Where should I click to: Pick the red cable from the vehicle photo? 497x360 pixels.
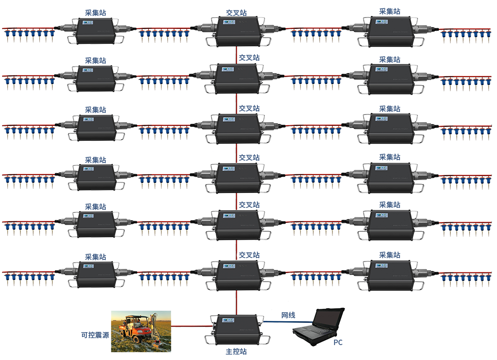click(x=191, y=326)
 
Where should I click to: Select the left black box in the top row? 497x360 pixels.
click(x=96, y=31)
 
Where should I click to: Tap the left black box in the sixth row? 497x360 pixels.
click(x=96, y=275)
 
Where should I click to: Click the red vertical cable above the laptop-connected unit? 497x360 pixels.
click(x=237, y=301)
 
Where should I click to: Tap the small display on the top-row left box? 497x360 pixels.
click(x=88, y=22)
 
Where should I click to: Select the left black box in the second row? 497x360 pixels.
click(x=96, y=79)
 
